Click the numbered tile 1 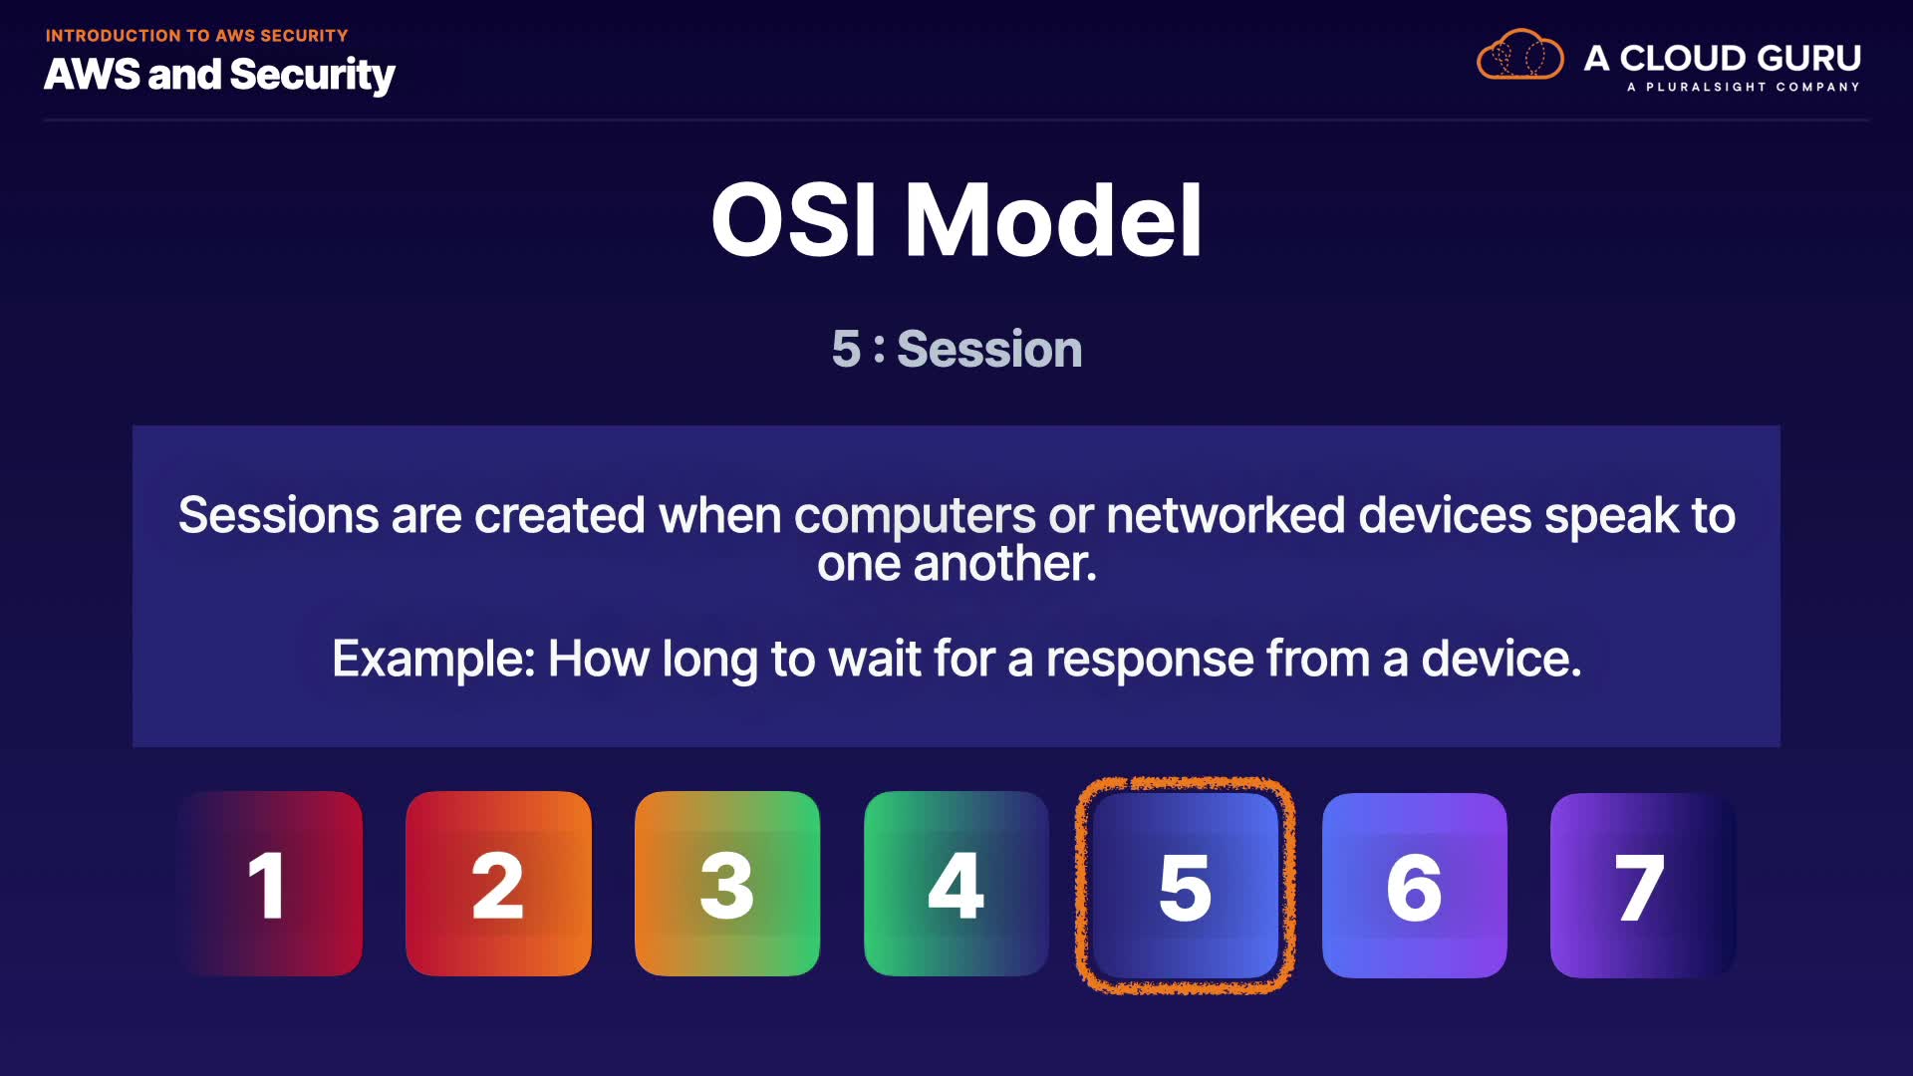(270, 884)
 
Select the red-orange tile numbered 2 (498, 884)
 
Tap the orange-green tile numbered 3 (727, 884)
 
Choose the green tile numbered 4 (956, 884)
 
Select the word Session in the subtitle (989, 349)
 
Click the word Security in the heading (312, 76)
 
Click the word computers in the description (915, 517)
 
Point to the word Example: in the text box (434, 660)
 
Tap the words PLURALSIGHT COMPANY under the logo (1753, 88)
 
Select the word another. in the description (1005, 564)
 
